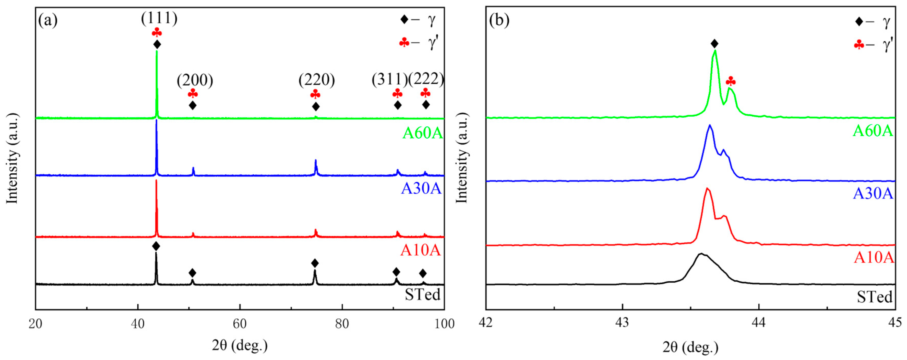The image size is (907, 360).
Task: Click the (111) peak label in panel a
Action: click(x=159, y=18)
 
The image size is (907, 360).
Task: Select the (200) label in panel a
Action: click(x=195, y=81)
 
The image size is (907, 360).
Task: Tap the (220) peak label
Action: click(x=317, y=80)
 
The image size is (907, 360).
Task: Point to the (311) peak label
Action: click(x=389, y=80)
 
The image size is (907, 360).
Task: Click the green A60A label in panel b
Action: click(x=873, y=131)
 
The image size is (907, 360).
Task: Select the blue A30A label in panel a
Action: click(x=421, y=189)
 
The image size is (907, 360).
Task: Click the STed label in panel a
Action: click(x=423, y=294)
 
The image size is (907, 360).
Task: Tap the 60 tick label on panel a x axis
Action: click(x=240, y=324)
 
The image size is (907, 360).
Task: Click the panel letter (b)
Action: click(x=499, y=20)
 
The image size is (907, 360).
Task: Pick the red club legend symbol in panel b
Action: click(x=859, y=45)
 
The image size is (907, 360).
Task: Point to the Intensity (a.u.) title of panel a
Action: click(x=12, y=158)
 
